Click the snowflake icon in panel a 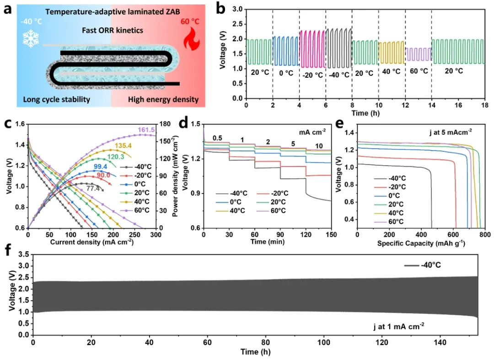pos(31,38)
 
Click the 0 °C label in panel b pos(286,71)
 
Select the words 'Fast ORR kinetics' pos(113,30)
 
